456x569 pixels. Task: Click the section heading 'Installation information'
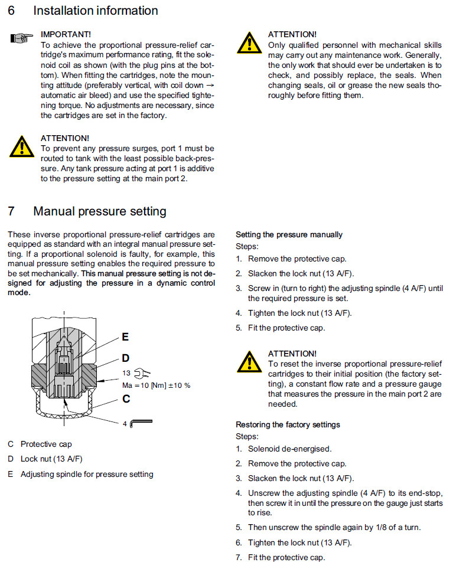tap(96, 11)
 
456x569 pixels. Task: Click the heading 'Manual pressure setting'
tap(100, 211)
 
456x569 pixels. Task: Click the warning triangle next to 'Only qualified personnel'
tap(249, 43)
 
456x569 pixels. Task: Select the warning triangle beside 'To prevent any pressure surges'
tap(21, 147)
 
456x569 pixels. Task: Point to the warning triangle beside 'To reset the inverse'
tap(249, 361)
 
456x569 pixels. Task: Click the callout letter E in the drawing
tap(125, 337)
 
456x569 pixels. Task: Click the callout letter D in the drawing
tap(125, 358)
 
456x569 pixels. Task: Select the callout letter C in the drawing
tap(126, 398)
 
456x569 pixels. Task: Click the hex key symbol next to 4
tap(141, 422)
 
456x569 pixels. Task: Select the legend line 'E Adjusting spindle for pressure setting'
tap(80, 474)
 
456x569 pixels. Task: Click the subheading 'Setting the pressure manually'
tap(289, 234)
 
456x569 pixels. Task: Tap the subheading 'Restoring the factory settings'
tap(288, 424)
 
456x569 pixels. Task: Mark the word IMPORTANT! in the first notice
tap(66, 35)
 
